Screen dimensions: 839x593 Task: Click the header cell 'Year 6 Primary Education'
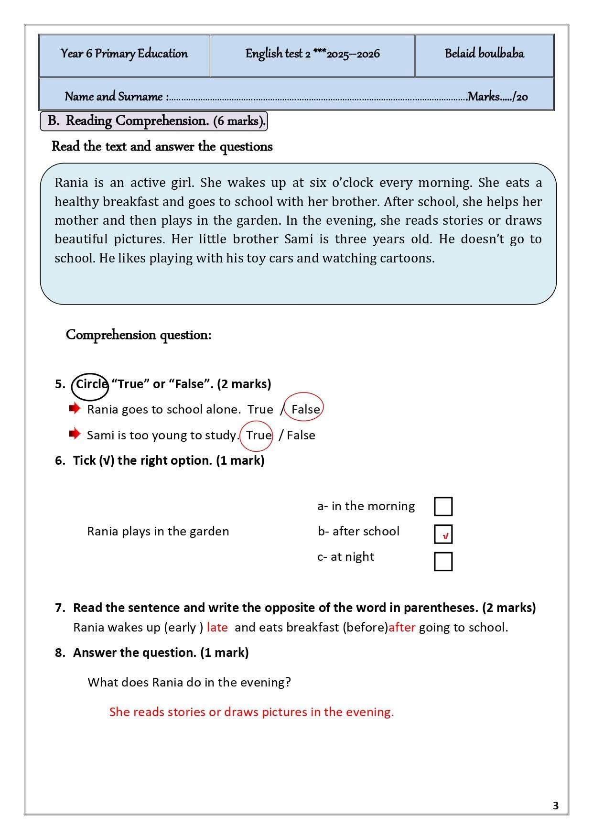[124, 54]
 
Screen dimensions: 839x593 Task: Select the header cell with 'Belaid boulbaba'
[484, 54]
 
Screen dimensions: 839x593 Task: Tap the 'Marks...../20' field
[497, 97]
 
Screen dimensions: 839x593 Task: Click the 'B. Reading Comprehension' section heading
[154, 121]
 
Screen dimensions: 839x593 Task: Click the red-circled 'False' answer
[304, 409]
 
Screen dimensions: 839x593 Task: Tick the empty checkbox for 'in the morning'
[443, 506]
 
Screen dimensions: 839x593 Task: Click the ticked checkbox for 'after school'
[443, 534]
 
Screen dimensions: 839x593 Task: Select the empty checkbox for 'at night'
[443, 561]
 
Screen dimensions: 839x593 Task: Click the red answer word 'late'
[217, 627]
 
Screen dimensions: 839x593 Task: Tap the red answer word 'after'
[402, 627]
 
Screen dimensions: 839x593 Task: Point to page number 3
[555, 806]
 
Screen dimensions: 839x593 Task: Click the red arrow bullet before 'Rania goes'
[75, 408]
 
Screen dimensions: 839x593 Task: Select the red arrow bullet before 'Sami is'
[75, 434]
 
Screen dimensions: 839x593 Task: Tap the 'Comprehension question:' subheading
[139, 335]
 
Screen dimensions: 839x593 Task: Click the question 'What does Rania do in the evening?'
[189, 682]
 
